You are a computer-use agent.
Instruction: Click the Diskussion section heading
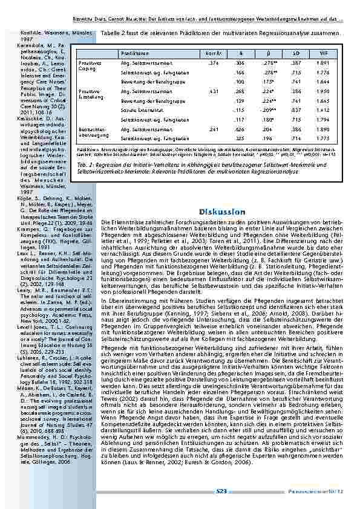pyautogui.click(x=221, y=212)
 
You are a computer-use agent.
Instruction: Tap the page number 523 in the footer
pyautogui.click(x=221, y=491)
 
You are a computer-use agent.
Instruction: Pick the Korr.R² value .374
pyautogui.click(x=214, y=62)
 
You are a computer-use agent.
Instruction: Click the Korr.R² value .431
pyautogui.click(x=214, y=91)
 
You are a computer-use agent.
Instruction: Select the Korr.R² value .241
pyautogui.click(x=214, y=129)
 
